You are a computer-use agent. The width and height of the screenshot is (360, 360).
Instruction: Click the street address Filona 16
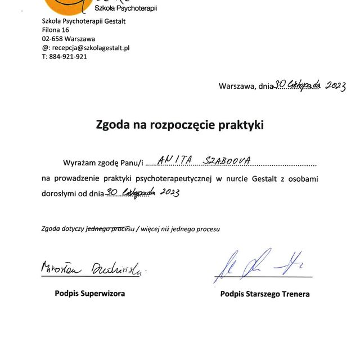coord(56,30)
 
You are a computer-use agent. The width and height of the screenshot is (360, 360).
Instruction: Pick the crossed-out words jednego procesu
coord(109,229)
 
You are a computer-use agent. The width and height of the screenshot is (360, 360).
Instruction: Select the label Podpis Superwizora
coord(90,293)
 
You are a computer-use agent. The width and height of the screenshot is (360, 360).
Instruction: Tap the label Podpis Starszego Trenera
coord(265,294)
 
